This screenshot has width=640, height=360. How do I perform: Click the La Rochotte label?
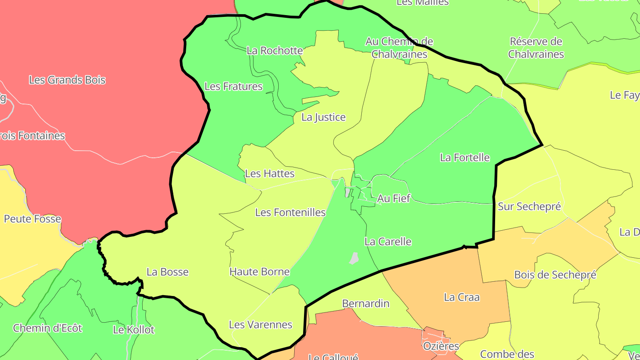(x=275, y=50)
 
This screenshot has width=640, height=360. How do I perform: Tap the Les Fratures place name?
(x=233, y=86)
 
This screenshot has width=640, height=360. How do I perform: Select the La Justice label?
(x=323, y=117)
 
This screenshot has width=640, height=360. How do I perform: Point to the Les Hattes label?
(x=269, y=173)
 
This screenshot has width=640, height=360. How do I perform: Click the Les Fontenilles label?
(x=290, y=212)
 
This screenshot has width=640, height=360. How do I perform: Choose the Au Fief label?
(x=393, y=198)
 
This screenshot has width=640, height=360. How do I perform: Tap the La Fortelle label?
(x=464, y=157)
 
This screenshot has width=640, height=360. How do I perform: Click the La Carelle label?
(x=388, y=242)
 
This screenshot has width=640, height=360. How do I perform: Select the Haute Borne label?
(x=259, y=272)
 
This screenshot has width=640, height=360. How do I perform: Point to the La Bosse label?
(x=168, y=272)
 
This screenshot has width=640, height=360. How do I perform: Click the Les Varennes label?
(x=260, y=325)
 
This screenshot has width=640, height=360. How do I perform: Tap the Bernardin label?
(x=365, y=304)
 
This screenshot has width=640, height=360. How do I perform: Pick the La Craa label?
(x=461, y=297)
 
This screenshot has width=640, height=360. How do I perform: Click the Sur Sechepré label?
(x=529, y=206)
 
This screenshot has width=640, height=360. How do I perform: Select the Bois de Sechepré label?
(x=555, y=275)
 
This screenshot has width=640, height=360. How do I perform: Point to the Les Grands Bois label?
(x=67, y=80)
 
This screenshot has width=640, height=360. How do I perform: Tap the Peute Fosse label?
(x=32, y=219)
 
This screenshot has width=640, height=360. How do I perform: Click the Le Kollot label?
(x=133, y=330)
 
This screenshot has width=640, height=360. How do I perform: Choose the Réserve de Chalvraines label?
(x=536, y=48)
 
